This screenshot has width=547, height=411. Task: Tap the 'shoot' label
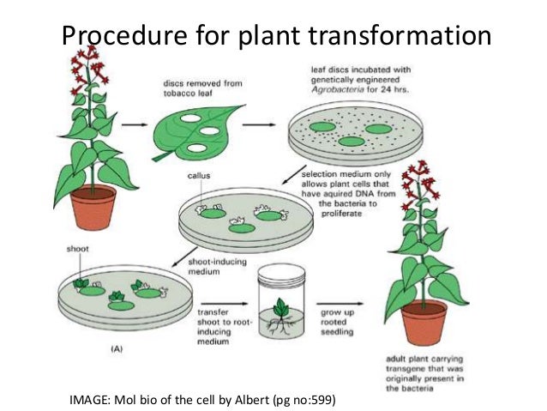[75, 251]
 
